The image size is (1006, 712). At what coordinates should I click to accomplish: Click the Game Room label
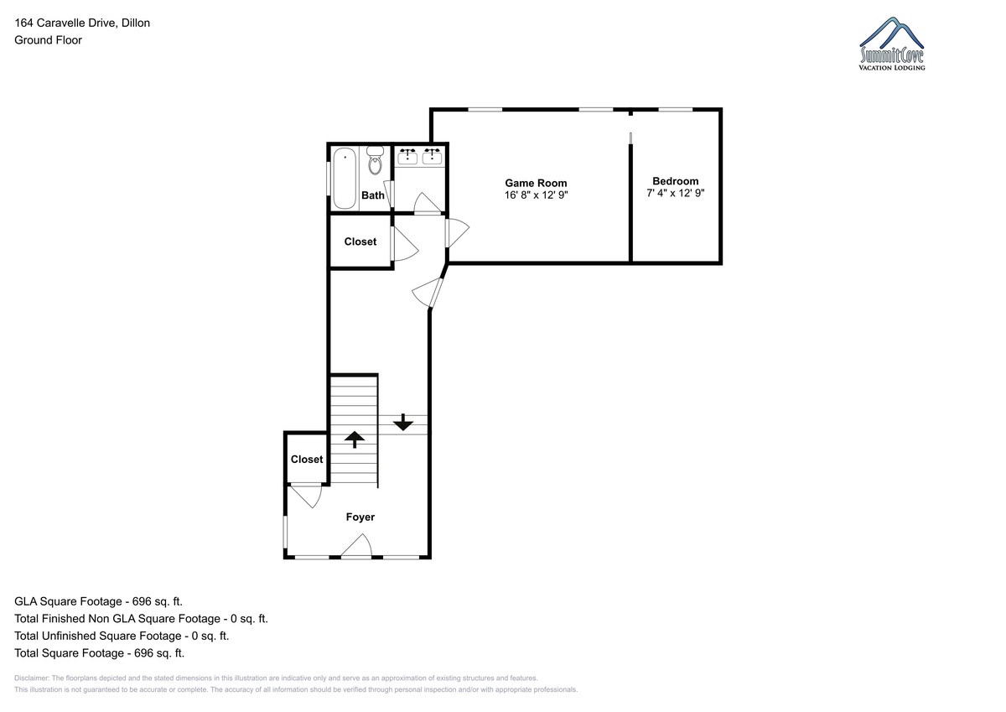[x=536, y=183]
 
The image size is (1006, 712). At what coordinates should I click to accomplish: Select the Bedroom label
[x=676, y=181]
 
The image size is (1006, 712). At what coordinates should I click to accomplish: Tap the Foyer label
[x=360, y=517]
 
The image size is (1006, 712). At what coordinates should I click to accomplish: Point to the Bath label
[x=373, y=195]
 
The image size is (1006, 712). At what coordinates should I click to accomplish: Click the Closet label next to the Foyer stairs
[x=307, y=459]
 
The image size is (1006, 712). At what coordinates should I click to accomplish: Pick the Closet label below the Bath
[x=360, y=242]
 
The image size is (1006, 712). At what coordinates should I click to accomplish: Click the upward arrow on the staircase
[x=355, y=439]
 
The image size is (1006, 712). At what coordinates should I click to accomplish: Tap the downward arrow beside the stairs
[x=403, y=423]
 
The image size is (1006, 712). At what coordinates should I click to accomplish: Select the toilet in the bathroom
[x=375, y=160]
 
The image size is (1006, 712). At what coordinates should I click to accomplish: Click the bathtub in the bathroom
[x=345, y=179]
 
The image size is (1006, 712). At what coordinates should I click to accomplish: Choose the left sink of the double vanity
[x=407, y=157]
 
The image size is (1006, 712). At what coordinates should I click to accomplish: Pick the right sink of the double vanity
[x=432, y=157]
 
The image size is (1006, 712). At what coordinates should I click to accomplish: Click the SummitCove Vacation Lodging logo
[x=892, y=44]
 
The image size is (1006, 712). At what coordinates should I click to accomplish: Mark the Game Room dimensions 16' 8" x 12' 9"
[x=537, y=195]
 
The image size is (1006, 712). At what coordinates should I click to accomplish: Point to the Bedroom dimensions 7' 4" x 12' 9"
[x=676, y=193]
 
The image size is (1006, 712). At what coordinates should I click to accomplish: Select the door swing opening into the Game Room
[x=457, y=232]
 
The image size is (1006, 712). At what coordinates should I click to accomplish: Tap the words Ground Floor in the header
[x=48, y=40]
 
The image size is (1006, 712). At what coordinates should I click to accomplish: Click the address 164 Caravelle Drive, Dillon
[x=82, y=23]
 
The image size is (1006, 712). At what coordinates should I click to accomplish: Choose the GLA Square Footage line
[x=98, y=601]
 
